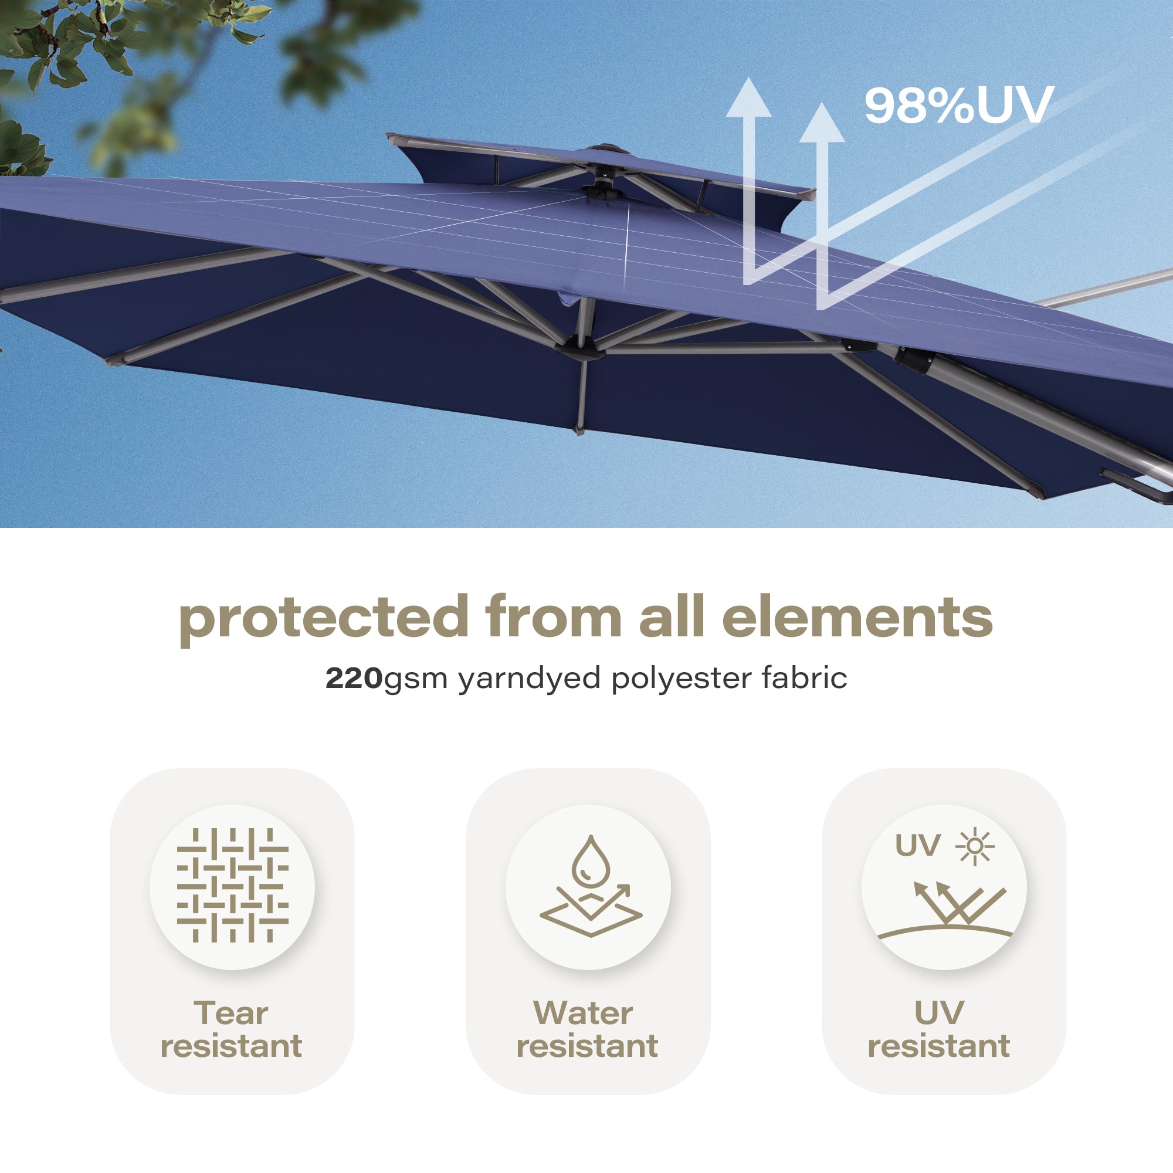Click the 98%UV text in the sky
click(x=959, y=105)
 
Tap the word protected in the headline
click(x=324, y=620)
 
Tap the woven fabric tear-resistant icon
click(x=232, y=884)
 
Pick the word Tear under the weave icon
click(x=230, y=1013)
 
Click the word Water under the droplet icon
click(x=583, y=1013)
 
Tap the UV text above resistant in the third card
click(x=939, y=1013)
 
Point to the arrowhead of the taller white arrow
click(x=748, y=97)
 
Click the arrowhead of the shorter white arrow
click(x=822, y=122)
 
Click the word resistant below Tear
click(x=230, y=1046)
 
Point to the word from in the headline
click(x=554, y=616)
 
